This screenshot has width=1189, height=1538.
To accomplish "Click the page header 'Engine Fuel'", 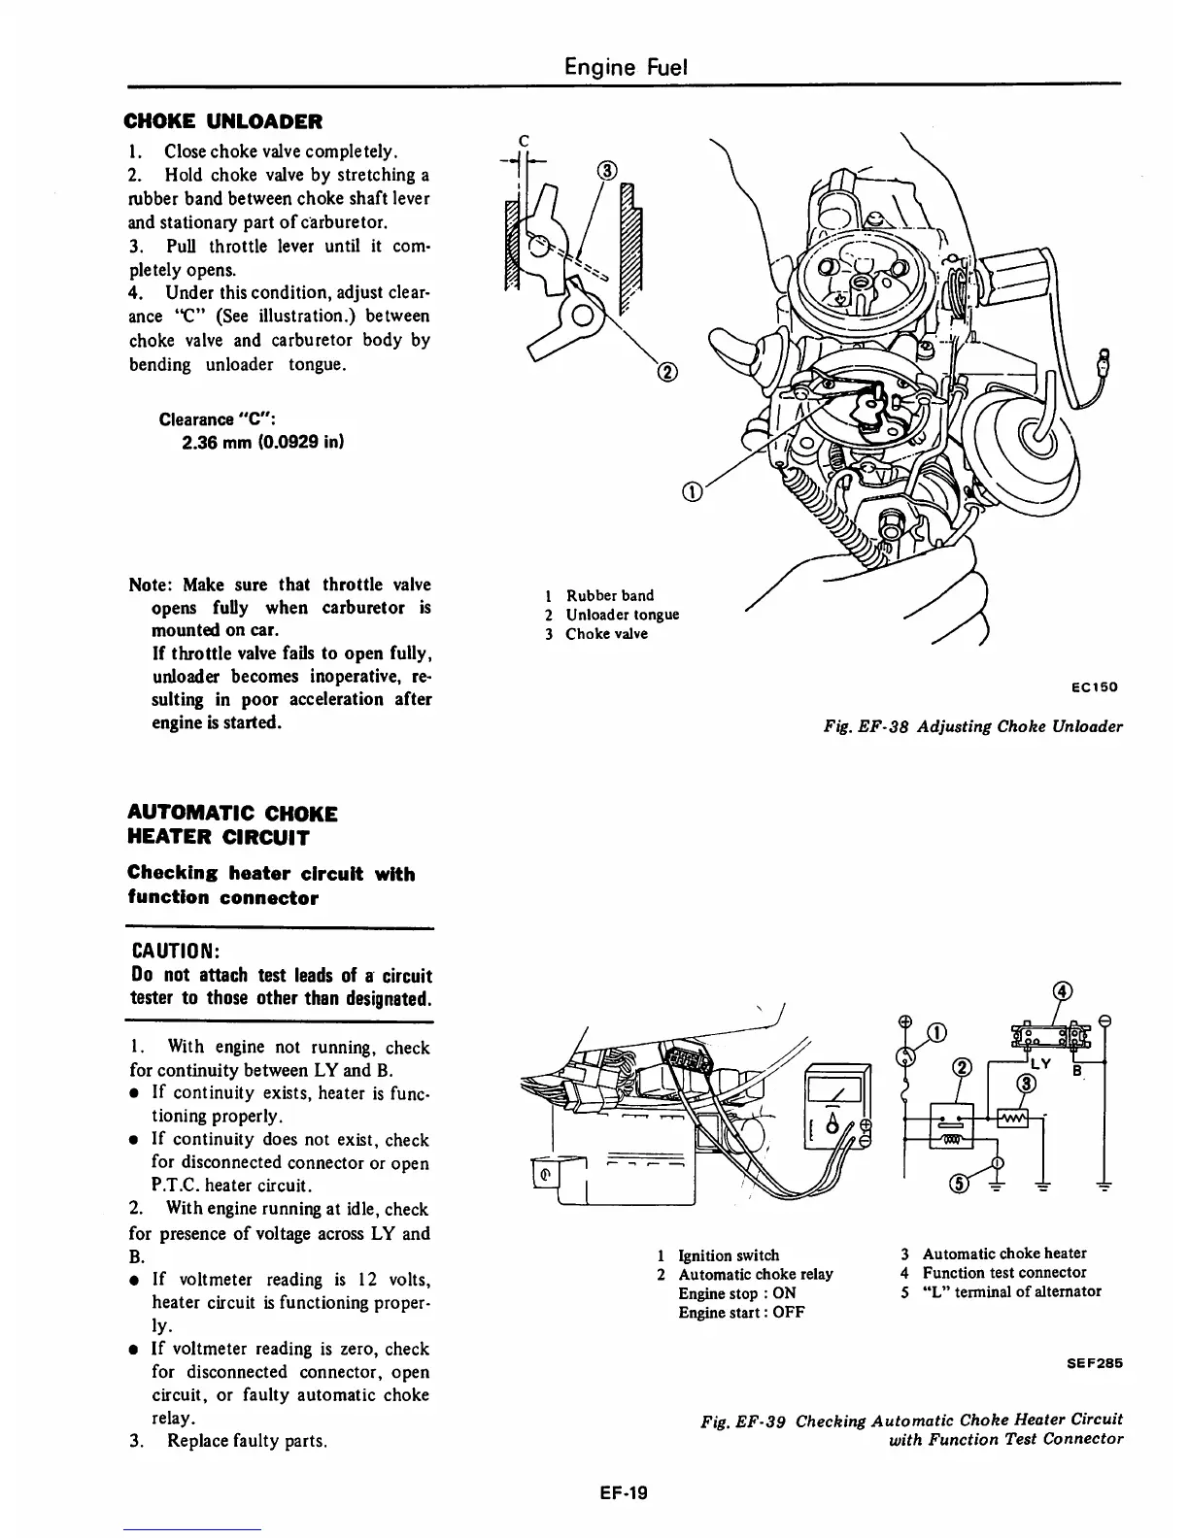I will click(627, 67).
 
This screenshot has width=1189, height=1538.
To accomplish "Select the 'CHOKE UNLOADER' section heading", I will click(223, 121).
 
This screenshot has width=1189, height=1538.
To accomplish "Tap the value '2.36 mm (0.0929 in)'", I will click(262, 442).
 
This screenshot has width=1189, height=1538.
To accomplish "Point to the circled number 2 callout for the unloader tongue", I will click(668, 372).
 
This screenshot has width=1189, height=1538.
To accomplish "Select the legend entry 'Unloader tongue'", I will click(622, 615).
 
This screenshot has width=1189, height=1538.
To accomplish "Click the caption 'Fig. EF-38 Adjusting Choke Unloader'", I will click(972, 726).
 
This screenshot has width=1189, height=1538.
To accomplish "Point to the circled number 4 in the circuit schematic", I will click(1063, 991).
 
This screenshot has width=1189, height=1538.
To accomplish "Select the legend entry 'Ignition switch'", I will click(728, 1255).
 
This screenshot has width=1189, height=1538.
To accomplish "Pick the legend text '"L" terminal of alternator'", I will click(1011, 1291).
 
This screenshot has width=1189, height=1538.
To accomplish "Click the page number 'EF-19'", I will click(623, 1493).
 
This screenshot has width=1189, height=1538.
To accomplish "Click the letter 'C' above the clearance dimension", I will click(524, 138).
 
